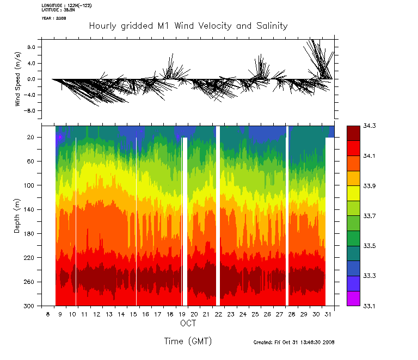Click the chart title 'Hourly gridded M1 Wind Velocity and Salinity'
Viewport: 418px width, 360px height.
pos(188,26)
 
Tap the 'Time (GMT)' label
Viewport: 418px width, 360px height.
pos(188,342)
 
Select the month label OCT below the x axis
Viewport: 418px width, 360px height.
pos(188,324)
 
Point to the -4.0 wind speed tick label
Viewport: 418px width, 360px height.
pos(30,95)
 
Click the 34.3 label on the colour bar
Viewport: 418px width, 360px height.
pos(370,126)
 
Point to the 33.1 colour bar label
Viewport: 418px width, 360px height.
pos(370,306)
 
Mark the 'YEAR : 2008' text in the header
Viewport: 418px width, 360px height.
pos(54,18)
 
